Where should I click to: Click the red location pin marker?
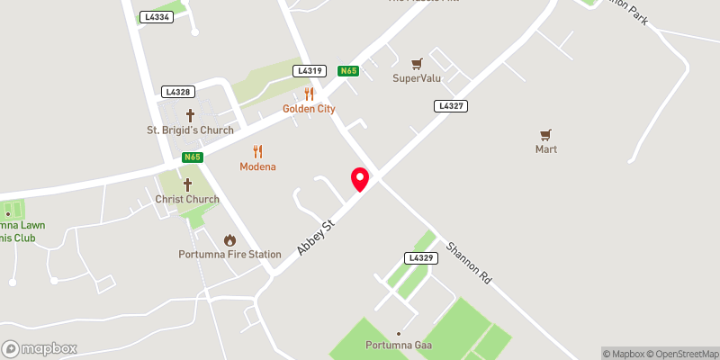point(360,179)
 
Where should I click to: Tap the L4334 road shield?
point(156,17)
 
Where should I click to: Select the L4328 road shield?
point(177,92)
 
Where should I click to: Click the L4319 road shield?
point(308,70)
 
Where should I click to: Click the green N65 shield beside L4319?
point(348,70)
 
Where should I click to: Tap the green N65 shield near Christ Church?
point(192,157)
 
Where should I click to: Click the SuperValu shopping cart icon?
point(416,63)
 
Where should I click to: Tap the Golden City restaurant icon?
point(309,94)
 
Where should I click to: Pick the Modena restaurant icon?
point(257,151)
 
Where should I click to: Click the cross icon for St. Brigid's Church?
point(190,115)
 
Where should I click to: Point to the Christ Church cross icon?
point(187,184)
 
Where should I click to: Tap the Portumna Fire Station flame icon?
point(229,239)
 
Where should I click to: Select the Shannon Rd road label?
point(469,264)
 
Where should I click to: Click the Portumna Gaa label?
point(400,346)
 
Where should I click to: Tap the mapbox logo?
point(40,348)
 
